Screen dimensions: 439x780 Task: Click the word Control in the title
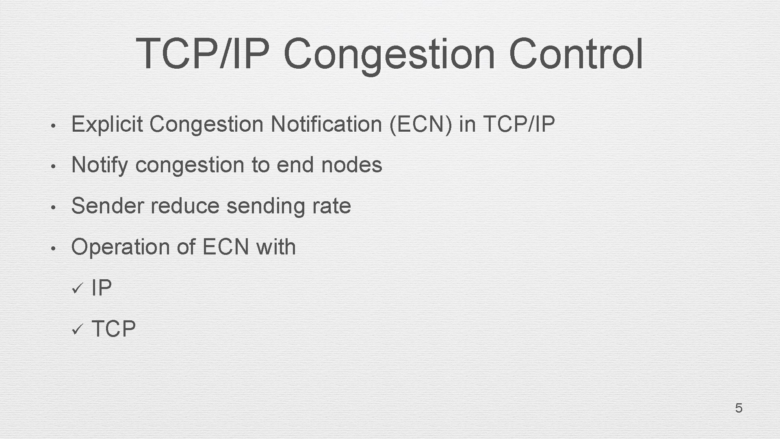576,54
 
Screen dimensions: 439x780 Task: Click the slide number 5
739,408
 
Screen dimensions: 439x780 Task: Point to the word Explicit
107,124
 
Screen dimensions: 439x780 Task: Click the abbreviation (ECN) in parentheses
420,124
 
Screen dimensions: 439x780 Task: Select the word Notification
326,124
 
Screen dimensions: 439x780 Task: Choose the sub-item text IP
102,288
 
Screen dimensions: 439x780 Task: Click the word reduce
185,206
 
